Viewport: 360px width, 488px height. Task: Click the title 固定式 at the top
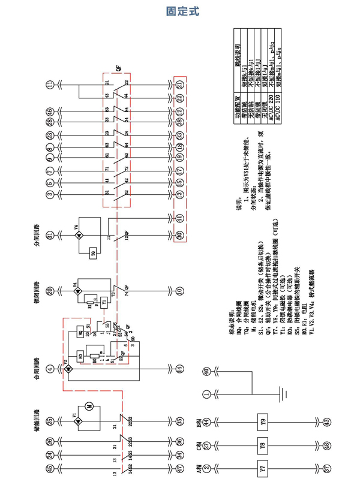181,11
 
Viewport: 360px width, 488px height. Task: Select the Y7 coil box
261,468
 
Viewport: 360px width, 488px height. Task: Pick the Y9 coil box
261,423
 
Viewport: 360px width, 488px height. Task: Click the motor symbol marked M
88,407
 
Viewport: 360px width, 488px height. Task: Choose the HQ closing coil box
81,333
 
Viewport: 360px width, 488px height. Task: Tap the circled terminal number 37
327,468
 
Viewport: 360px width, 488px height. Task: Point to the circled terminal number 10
179,291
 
